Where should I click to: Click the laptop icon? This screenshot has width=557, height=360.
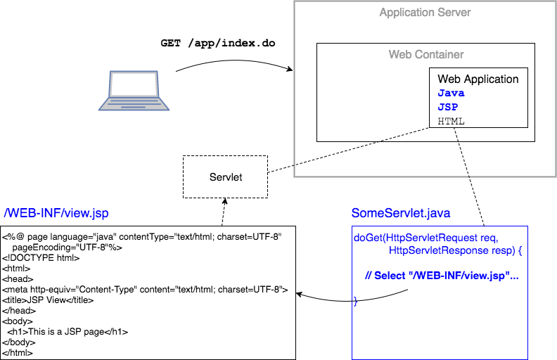pos(134,90)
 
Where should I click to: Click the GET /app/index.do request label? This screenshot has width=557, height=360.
pos(218,43)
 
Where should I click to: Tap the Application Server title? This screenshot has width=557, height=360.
pos(425,13)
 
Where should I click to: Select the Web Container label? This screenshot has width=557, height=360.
pos(426,54)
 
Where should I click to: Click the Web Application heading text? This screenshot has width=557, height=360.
pos(478,79)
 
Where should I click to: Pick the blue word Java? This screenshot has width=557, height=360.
pos(451,93)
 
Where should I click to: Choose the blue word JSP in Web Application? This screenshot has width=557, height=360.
pos(449,107)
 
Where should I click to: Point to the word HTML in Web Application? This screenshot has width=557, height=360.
pos(451,121)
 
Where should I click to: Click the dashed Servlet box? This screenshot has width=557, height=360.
pos(225,176)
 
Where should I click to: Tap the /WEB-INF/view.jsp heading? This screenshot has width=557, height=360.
pos(56,213)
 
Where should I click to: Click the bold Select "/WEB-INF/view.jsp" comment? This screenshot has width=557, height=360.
pos(442,276)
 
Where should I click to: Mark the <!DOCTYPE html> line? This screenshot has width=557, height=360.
pos(39,258)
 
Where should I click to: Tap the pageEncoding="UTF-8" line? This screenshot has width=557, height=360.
pos(67,247)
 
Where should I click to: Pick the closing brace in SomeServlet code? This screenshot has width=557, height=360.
pos(355,301)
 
